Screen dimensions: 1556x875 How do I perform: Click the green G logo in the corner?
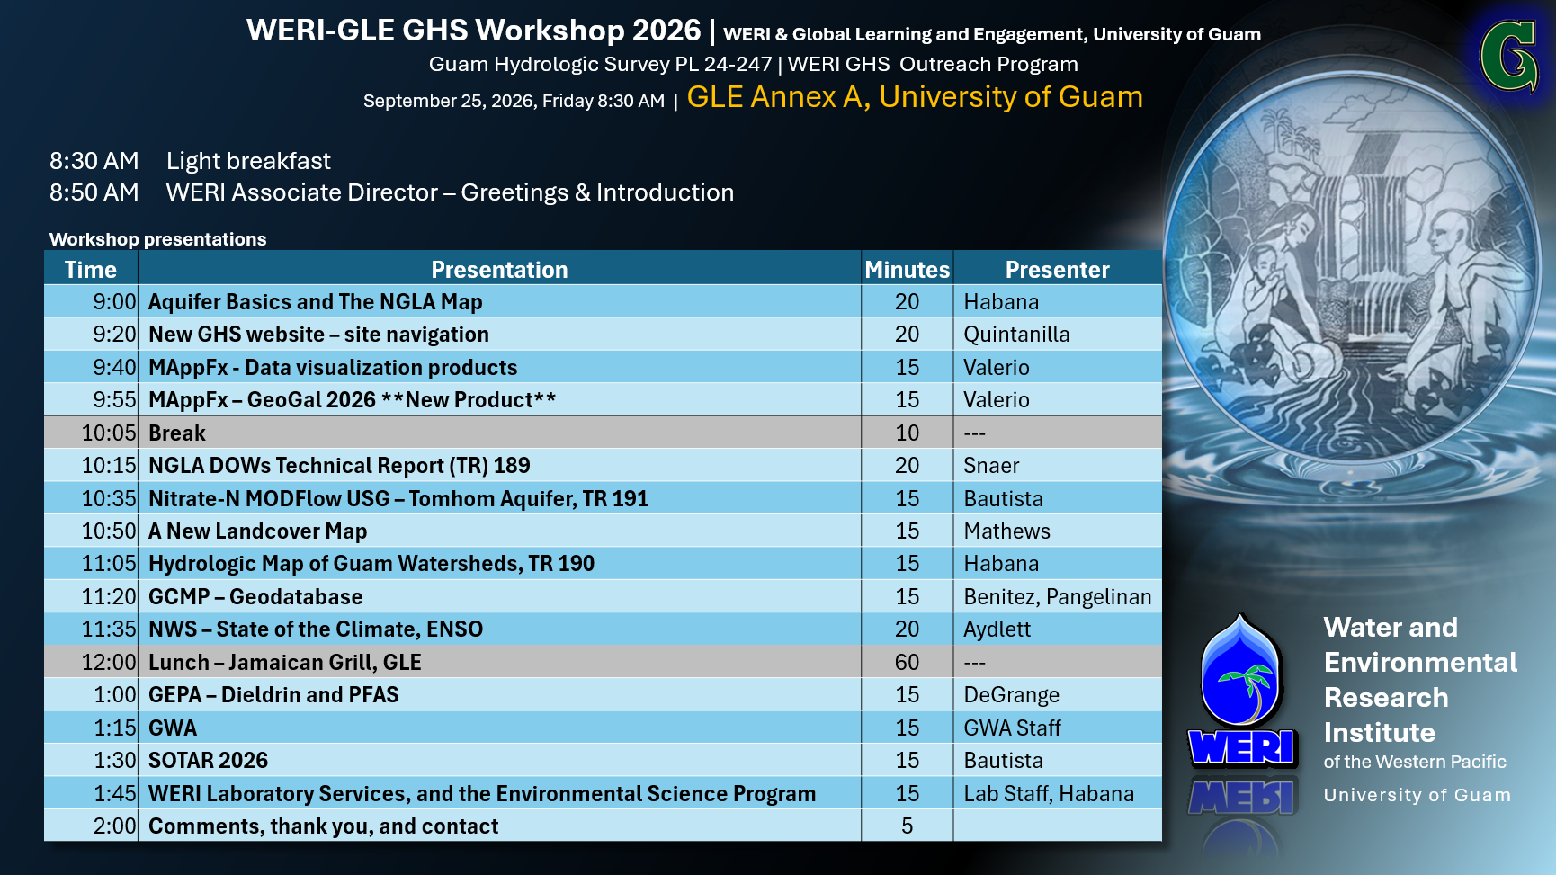pyautogui.click(x=1509, y=57)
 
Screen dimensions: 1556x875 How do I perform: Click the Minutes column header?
pyautogui.click(x=907, y=270)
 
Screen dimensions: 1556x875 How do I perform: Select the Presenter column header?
pyautogui.click(x=1057, y=270)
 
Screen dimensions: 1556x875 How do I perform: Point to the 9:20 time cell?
pyautogui.click(x=114, y=335)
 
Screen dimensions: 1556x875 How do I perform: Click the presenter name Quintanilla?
pyautogui.click(x=1016, y=335)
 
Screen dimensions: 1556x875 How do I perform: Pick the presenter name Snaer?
pyautogui.click(x=991, y=466)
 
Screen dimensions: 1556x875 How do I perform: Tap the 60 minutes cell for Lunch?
pyautogui.click(x=907, y=663)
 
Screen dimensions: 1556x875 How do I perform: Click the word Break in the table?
pyautogui.click(x=177, y=433)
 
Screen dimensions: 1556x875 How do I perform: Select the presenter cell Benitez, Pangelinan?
pyautogui.click(x=1058, y=597)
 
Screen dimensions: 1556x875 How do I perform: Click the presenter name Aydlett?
pyautogui.click(x=997, y=629)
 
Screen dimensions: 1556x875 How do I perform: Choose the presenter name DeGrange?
pyautogui.click(x=1012, y=695)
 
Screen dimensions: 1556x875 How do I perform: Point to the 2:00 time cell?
pyautogui.click(x=114, y=826)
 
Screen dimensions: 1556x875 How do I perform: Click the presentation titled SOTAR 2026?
pyautogui.click(x=208, y=761)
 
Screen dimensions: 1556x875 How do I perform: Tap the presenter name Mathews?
pyautogui.click(x=1006, y=531)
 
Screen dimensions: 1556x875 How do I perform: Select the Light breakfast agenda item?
pyautogui.click(x=248, y=161)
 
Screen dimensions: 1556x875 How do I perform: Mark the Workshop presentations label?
pyautogui.click(x=157, y=239)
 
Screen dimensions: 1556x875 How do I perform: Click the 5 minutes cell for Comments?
pyautogui.click(x=907, y=826)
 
